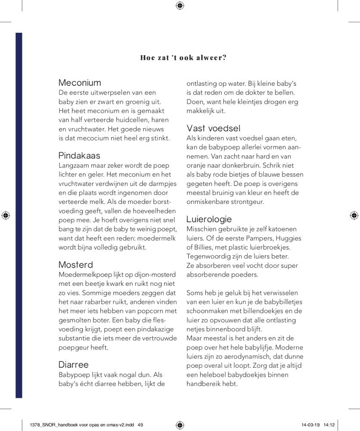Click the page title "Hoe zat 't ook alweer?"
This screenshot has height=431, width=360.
coord(183,58)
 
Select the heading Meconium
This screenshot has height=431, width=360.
coord(80,83)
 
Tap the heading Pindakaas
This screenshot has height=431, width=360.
coord(79,156)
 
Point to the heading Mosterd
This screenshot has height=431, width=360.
coord(76,264)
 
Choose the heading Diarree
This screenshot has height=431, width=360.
coord(73,365)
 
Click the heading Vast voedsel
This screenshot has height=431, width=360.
coord(214,128)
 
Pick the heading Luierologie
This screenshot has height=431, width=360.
coord(209,219)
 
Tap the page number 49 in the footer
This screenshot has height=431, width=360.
coord(140,425)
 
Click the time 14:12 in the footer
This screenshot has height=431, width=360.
coord(329,425)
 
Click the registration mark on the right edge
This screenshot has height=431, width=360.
coord(354,215)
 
